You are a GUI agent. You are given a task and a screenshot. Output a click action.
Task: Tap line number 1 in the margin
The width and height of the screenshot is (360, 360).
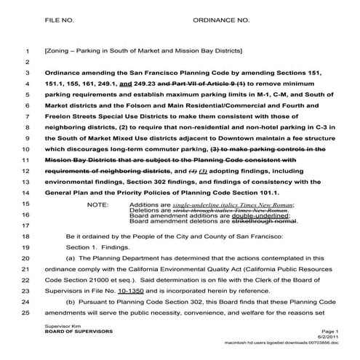pos(26,52)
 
